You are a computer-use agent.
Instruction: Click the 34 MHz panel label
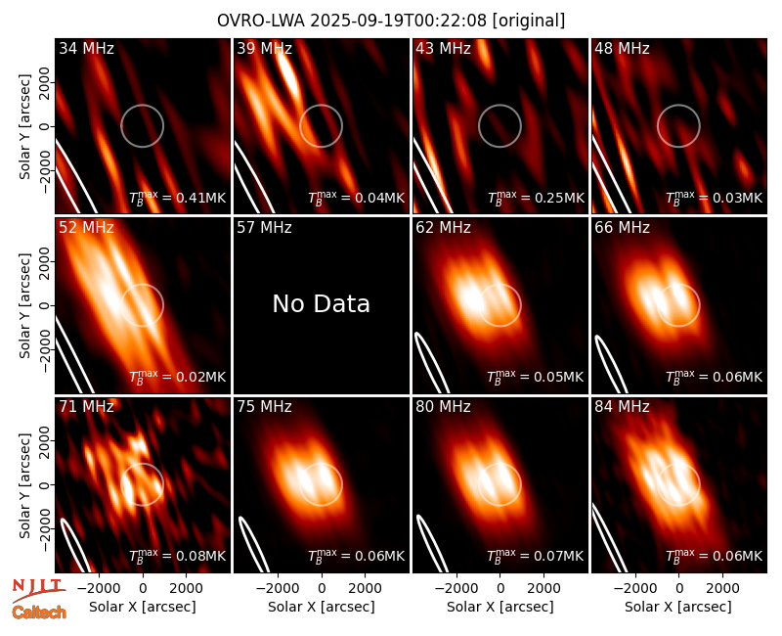(86, 48)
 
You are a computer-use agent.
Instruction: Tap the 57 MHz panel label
(264, 228)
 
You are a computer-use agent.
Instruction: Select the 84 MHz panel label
(622, 407)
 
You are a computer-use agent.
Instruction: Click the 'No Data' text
(322, 303)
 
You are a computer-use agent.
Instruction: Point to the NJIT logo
(38, 591)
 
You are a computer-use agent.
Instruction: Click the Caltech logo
(39, 613)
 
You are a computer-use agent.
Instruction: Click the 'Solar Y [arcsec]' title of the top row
(24, 126)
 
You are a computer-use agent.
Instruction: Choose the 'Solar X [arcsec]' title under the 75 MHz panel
(322, 607)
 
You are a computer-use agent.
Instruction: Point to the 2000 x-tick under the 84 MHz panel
(722, 588)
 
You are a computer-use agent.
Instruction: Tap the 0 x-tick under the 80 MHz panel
(500, 588)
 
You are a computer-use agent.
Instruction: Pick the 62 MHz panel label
(444, 228)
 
